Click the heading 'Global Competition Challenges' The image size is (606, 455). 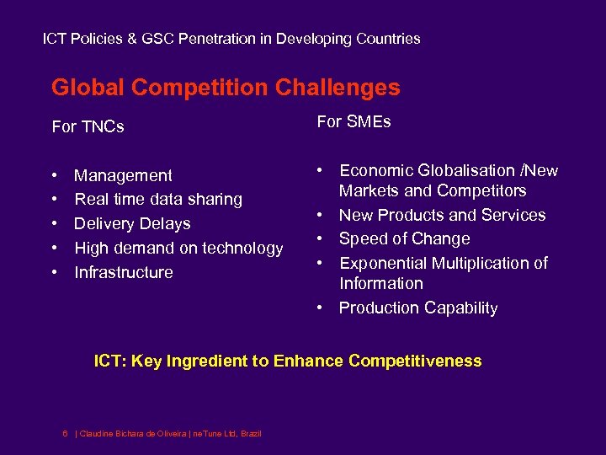pos(226,88)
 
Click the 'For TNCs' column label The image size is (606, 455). pos(88,127)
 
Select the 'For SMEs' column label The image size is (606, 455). pos(353,122)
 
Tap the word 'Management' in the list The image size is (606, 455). pos(123,175)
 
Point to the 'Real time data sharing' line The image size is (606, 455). pos(158,200)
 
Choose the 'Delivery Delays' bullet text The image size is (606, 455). pos(132,224)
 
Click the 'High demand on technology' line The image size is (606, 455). pos(178,248)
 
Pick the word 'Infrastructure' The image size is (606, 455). pos(124,272)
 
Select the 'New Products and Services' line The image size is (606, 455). pos(442,215)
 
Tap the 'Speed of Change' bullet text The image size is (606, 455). pos(404,239)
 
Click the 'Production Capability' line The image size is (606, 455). pos(418,308)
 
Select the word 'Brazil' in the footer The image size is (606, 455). pos(251,433)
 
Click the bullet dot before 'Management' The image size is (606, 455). pos(55,176)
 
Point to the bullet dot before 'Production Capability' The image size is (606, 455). pos(321,308)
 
